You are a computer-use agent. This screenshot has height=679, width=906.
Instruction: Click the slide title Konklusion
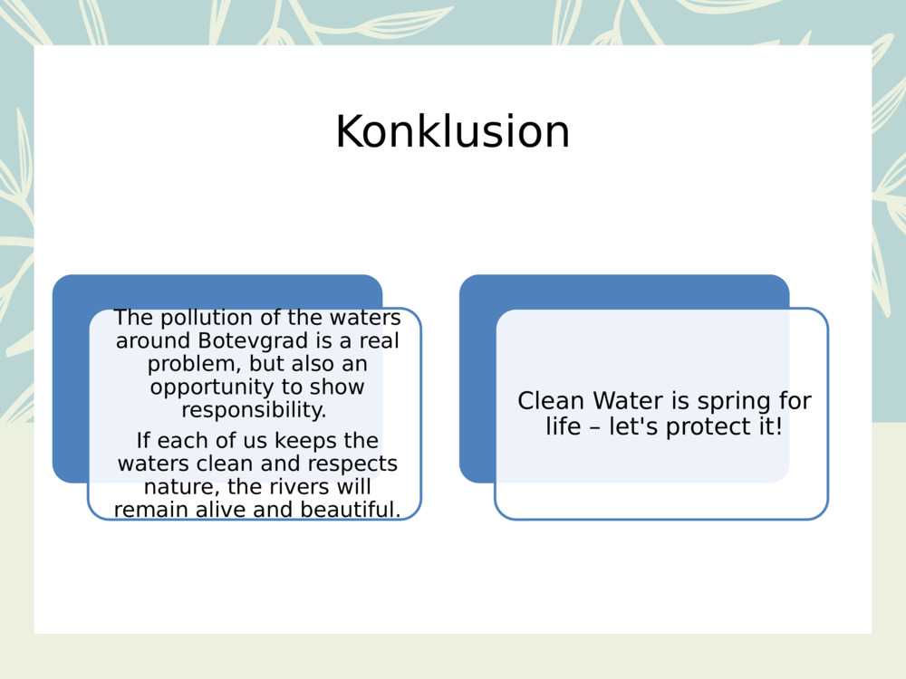[x=452, y=132]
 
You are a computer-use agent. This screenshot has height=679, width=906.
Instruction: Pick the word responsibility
[x=254, y=410]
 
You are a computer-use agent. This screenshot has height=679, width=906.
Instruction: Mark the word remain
[x=149, y=510]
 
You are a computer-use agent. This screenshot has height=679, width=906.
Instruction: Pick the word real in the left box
[x=380, y=341]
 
